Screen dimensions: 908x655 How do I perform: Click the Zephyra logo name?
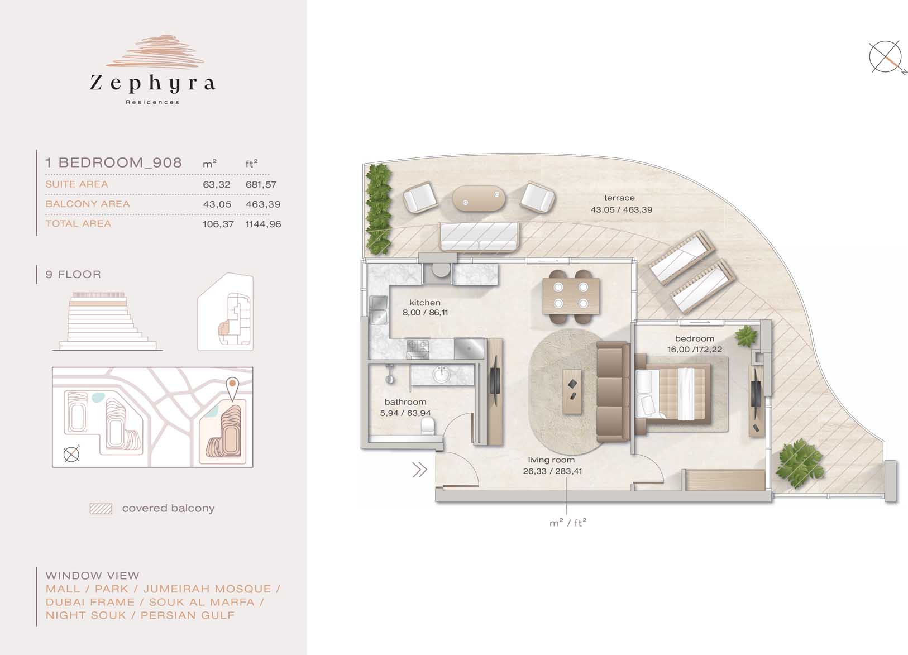coord(152,83)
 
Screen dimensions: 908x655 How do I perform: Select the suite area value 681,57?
coord(261,184)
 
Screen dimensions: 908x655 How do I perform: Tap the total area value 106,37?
coord(218,224)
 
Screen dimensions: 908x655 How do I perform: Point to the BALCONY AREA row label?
coord(88,204)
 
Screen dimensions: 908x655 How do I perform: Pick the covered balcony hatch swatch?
coord(101,509)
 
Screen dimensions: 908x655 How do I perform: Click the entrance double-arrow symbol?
coord(419,470)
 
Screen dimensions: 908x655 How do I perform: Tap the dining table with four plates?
coord(571,296)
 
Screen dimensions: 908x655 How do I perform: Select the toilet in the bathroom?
coord(428,426)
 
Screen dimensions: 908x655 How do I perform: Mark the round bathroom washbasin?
coord(441,374)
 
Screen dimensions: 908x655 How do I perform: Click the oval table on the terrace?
coord(479,198)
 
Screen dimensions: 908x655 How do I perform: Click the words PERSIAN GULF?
coord(188,615)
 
